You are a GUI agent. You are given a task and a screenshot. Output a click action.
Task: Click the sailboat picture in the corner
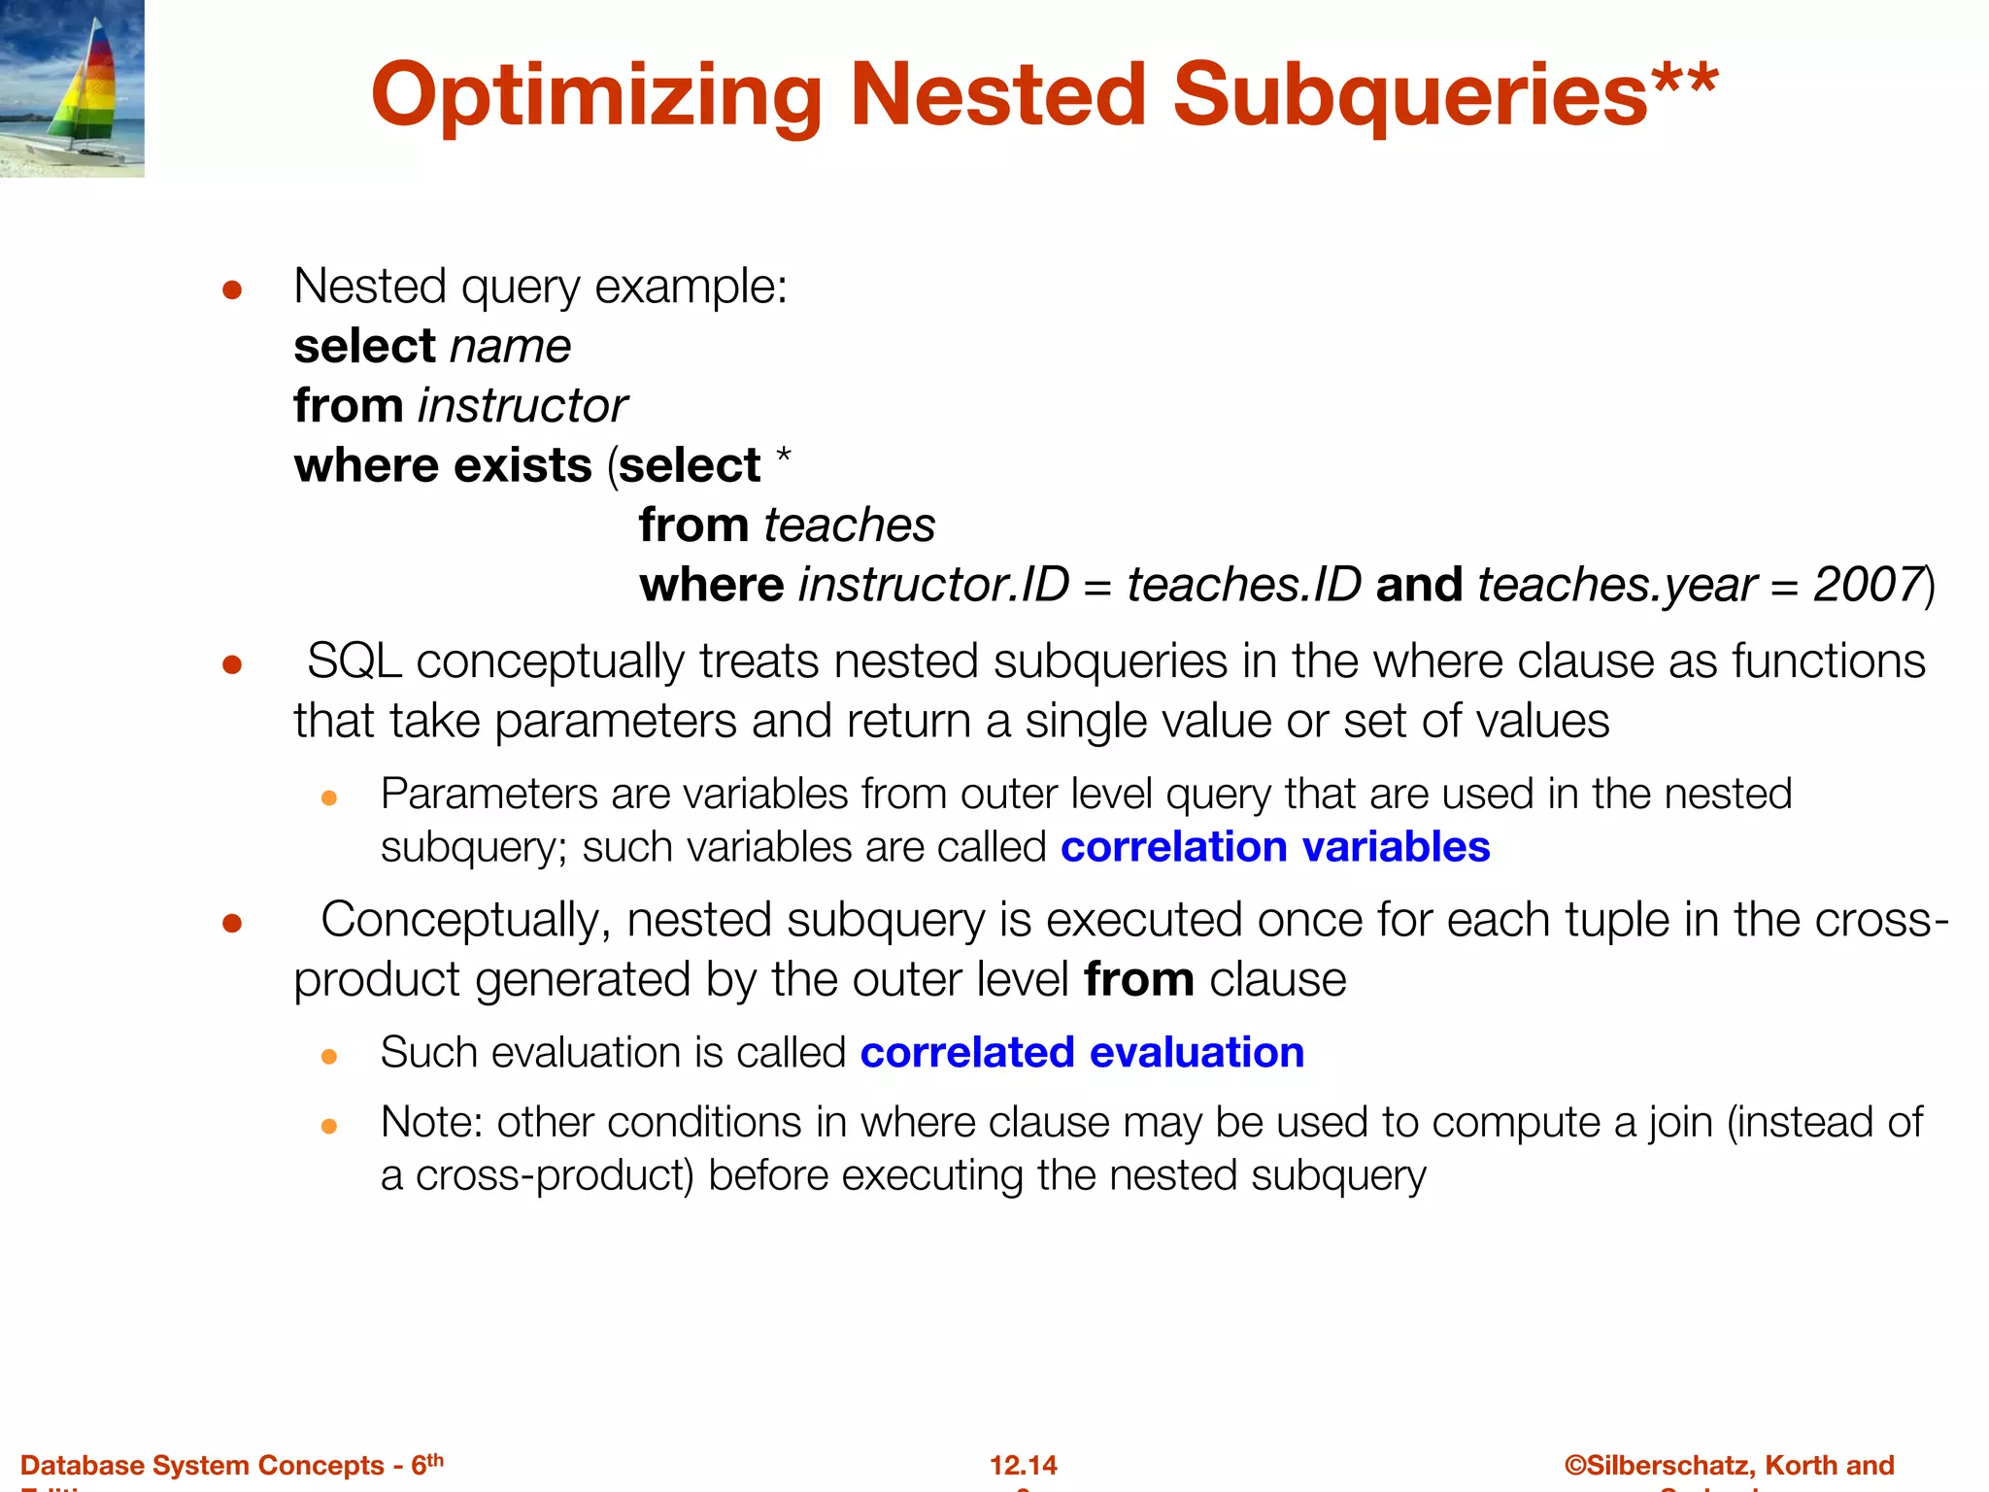(72, 87)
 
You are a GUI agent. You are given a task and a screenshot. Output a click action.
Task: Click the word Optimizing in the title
(596, 95)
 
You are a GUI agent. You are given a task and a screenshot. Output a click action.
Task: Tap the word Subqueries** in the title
(1445, 95)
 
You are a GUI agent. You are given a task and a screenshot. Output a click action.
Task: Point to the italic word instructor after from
(523, 406)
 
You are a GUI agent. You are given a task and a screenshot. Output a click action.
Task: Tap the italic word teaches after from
(849, 526)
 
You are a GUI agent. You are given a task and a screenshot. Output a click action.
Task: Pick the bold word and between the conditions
(1419, 585)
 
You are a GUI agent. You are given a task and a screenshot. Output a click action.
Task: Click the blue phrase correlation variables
(1274, 847)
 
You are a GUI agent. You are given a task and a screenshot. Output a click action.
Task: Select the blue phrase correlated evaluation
(1082, 1053)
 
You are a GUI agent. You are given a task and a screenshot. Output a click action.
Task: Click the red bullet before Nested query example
(231, 289)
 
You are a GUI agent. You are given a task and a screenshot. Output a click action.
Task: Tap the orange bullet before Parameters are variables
(329, 798)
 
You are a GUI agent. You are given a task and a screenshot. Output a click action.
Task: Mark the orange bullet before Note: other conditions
(329, 1127)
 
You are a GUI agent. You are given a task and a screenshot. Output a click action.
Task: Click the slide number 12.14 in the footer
(1023, 1465)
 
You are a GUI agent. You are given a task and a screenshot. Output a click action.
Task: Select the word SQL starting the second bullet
(354, 661)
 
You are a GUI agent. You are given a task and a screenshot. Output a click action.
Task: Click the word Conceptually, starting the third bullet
(465, 920)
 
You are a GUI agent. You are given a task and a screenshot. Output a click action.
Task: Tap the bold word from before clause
(1138, 979)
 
